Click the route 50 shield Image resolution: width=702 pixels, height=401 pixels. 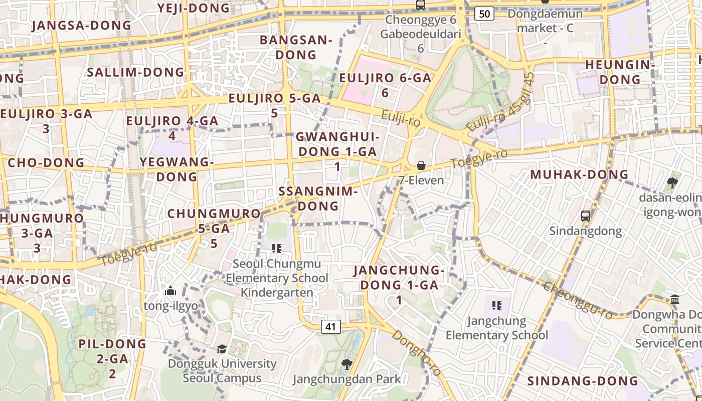tap(484, 14)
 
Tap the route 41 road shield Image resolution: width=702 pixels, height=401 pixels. tap(330, 327)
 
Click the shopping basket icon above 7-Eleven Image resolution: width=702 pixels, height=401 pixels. tap(421, 165)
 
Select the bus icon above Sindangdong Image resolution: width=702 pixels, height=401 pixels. tap(585, 216)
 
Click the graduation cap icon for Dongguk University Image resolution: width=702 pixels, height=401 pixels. tap(222, 349)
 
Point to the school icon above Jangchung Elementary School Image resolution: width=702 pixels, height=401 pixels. tap(497, 305)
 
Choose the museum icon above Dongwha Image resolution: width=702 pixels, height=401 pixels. tap(675, 300)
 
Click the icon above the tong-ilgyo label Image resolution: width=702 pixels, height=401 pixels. tap(170, 291)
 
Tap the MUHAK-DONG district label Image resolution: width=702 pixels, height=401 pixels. tap(579, 174)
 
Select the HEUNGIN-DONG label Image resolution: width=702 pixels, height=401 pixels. tap(620, 72)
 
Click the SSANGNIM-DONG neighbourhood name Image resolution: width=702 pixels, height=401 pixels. tap(318, 198)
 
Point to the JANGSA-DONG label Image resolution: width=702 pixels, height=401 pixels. tap(81, 25)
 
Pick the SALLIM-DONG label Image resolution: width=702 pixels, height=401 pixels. tap(135, 72)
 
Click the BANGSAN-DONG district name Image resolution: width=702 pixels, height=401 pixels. tap(296, 47)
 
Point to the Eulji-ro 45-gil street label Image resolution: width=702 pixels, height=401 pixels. tap(501, 103)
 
